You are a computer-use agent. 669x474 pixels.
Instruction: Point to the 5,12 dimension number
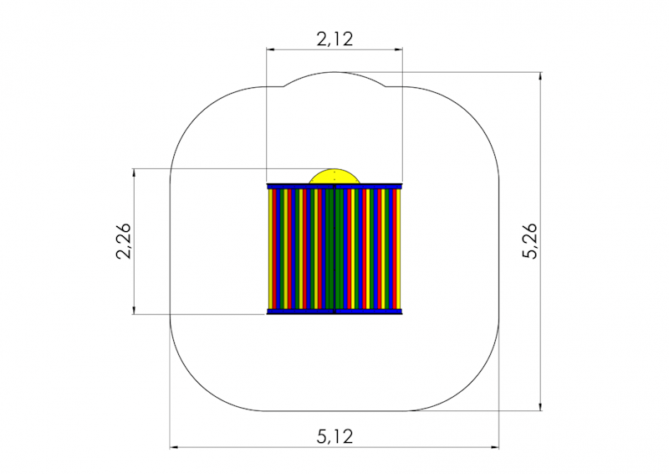tap(334, 435)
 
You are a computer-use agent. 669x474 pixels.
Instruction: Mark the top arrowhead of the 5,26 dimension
tap(541, 77)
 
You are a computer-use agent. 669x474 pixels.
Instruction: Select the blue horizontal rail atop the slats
tap(334, 185)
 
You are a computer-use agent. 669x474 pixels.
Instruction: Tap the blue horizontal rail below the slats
tap(334, 312)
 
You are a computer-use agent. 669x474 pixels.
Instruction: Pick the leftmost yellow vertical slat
tap(269, 249)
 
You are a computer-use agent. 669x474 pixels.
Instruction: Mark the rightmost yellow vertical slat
tap(398, 249)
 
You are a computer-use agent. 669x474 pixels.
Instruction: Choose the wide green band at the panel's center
tap(334, 249)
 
